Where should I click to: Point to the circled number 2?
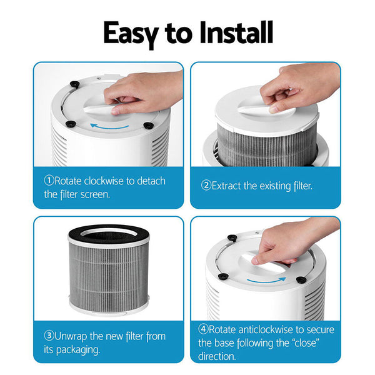tap(206, 186)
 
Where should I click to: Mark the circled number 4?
tap(203, 329)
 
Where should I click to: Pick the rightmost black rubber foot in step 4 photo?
tap(301, 280)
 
